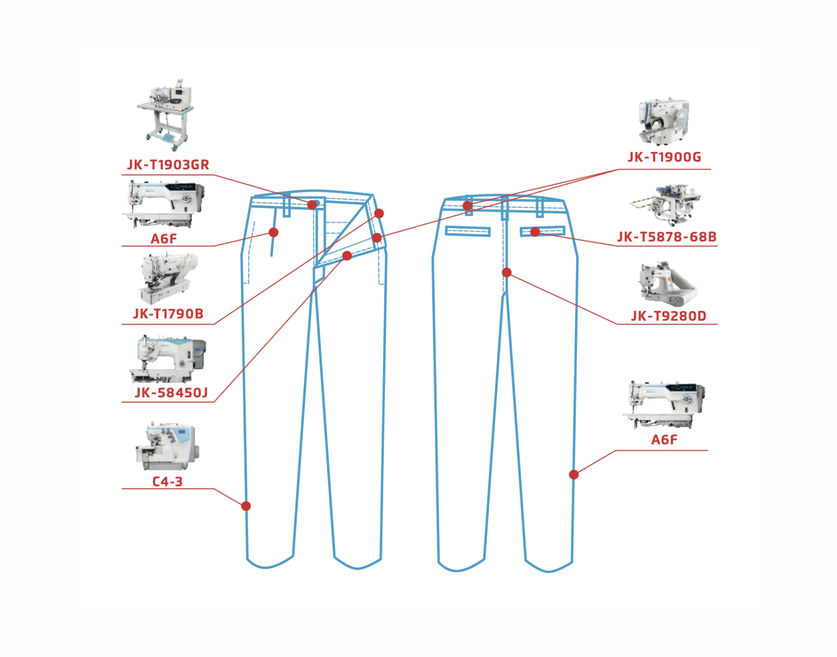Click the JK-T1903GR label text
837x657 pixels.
(168, 165)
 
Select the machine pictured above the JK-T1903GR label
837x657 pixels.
(165, 115)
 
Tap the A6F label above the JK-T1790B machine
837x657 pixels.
(163, 238)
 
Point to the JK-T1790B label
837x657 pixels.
(168, 314)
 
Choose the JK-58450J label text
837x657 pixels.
(171, 392)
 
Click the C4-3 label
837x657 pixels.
(167, 481)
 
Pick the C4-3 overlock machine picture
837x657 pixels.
(168, 446)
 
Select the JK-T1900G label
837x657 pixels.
(664, 157)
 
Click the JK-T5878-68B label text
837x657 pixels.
(667, 237)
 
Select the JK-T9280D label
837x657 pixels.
(668, 316)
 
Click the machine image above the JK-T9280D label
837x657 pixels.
(668, 284)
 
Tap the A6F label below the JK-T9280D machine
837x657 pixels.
(664, 439)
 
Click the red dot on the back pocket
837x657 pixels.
(535, 232)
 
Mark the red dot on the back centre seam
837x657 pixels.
(507, 272)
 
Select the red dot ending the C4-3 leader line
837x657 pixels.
(246, 506)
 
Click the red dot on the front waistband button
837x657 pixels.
(312, 205)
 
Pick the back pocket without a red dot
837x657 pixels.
(467, 231)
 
